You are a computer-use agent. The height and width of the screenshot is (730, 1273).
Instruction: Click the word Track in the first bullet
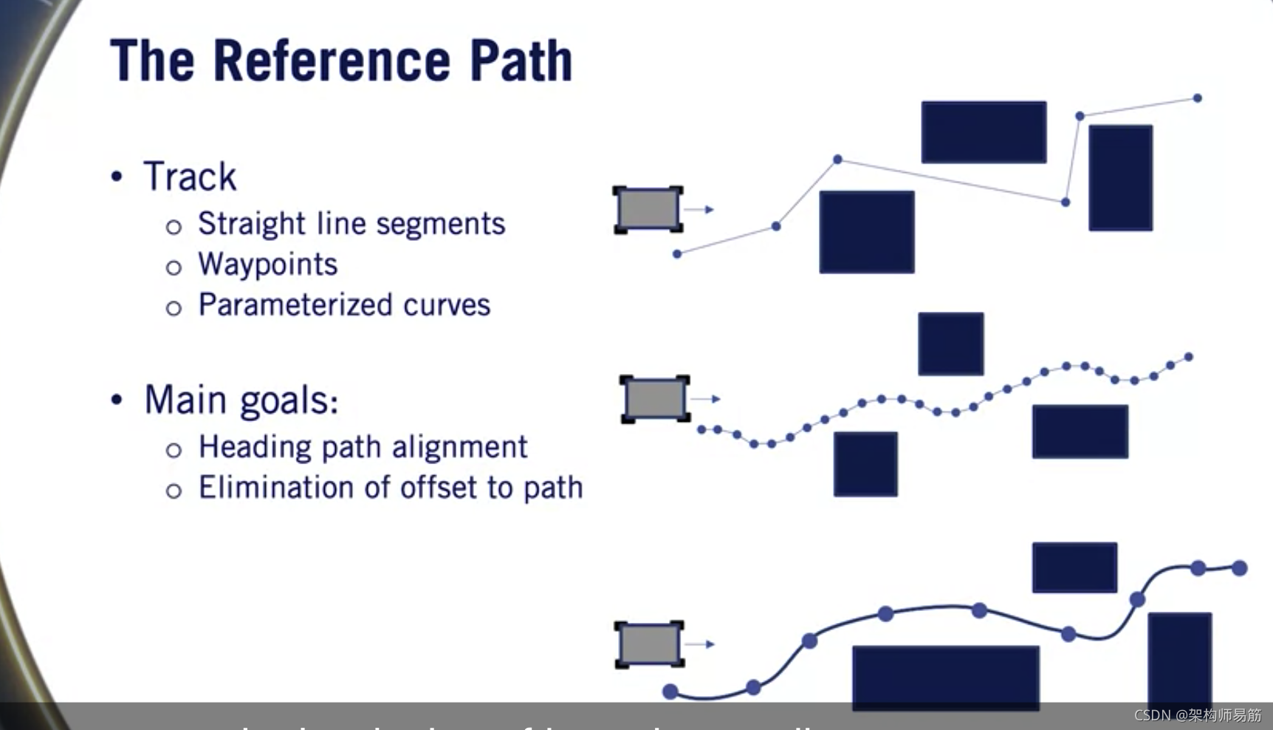pos(190,177)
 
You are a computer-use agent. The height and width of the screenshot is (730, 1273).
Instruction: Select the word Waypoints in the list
pos(267,265)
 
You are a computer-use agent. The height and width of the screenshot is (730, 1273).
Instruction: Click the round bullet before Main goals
pos(117,399)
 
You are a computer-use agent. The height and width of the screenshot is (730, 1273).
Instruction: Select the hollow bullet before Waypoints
pos(174,267)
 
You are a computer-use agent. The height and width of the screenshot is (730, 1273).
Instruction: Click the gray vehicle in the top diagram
pos(648,209)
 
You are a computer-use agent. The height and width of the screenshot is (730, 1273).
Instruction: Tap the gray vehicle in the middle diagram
pos(654,398)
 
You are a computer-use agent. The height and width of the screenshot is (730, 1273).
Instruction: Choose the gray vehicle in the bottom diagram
pos(649,644)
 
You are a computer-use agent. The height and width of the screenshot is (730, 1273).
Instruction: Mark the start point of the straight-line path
pos(677,254)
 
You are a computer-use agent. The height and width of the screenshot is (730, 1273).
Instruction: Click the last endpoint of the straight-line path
pos(1197,98)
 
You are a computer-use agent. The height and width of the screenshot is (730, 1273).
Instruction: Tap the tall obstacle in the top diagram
pos(1120,177)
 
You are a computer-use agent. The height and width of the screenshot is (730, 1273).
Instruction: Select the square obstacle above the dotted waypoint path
pos(950,344)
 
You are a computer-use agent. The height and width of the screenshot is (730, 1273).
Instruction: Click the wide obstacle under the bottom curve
pos(945,676)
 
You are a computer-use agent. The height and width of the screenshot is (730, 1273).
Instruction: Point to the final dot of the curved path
pos(1239,568)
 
